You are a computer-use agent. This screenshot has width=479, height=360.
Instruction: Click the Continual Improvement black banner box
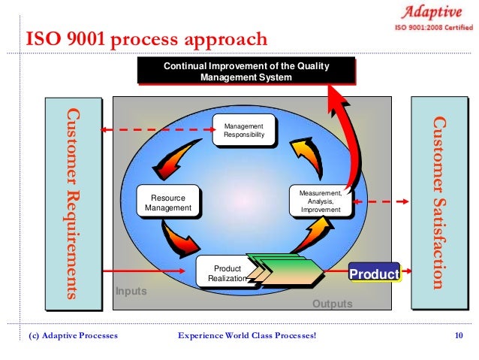pyautogui.click(x=245, y=72)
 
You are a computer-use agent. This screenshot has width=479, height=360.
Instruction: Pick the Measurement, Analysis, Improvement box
pyautogui.click(x=320, y=201)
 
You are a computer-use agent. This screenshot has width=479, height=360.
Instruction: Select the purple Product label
pyautogui.click(x=373, y=274)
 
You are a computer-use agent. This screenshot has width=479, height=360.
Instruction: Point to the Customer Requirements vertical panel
pyautogui.click(x=72, y=202)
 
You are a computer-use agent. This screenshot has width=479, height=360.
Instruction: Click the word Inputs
pyautogui.click(x=131, y=291)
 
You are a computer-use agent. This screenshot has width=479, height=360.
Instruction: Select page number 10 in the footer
pyautogui.click(x=459, y=335)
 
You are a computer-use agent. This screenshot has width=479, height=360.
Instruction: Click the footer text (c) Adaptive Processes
pyautogui.click(x=73, y=335)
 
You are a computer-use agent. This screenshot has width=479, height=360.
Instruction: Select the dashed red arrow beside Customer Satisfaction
pyautogui.click(x=383, y=201)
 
